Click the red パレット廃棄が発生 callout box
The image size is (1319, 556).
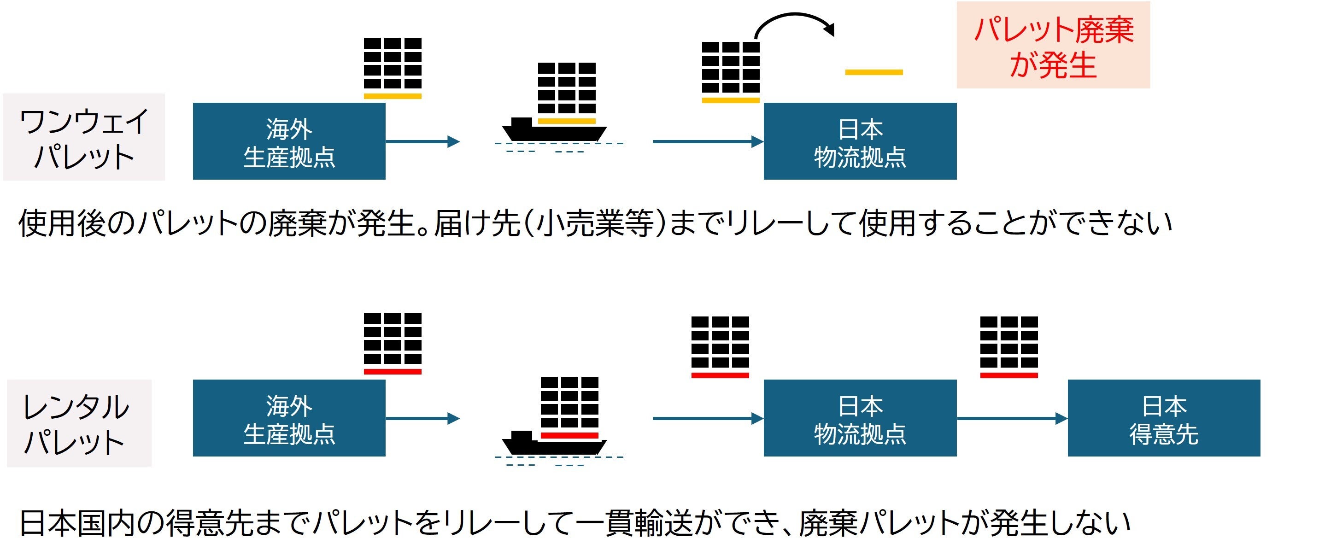[x=1053, y=45]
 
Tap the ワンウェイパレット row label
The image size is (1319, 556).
[x=83, y=137]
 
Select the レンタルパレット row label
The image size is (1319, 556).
[x=79, y=423]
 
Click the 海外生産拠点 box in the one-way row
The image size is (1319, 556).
[x=289, y=141]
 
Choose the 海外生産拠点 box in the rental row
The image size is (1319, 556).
[x=289, y=418]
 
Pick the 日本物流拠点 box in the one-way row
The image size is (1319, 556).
[x=860, y=141]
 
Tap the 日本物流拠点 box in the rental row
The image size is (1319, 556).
[x=860, y=418]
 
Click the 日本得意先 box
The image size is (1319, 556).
[x=1163, y=418]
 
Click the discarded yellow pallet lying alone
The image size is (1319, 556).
[x=873, y=72]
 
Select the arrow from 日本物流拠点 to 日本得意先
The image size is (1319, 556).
[x=1011, y=418]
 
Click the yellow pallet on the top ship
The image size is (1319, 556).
[x=566, y=121]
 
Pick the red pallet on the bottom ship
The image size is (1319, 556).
[x=569, y=435]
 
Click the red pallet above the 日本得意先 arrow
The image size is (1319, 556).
[x=1008, y=375]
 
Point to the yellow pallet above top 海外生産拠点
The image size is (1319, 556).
[x=392, y=96]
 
